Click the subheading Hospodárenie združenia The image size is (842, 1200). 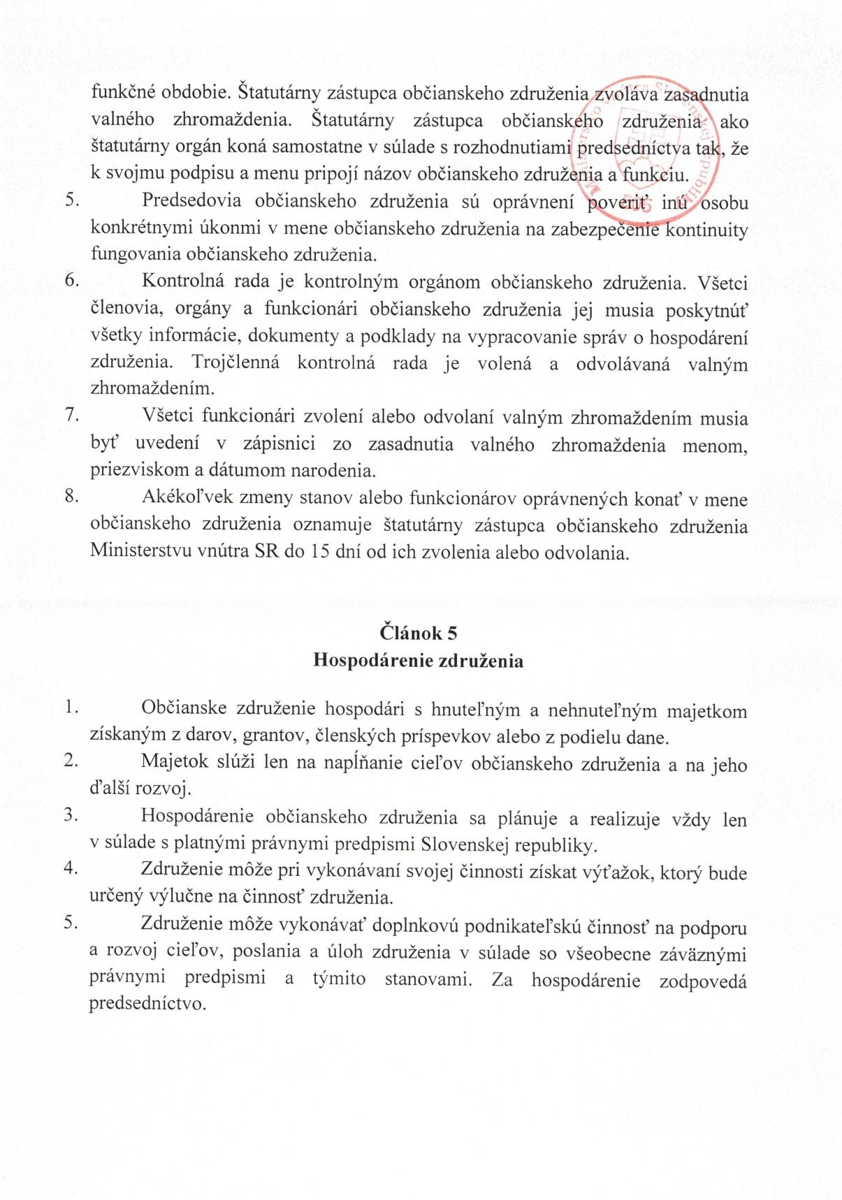419,660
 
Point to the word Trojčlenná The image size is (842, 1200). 235,363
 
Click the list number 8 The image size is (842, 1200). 70,497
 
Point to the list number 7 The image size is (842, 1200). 70,415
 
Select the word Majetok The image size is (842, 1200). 174,761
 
